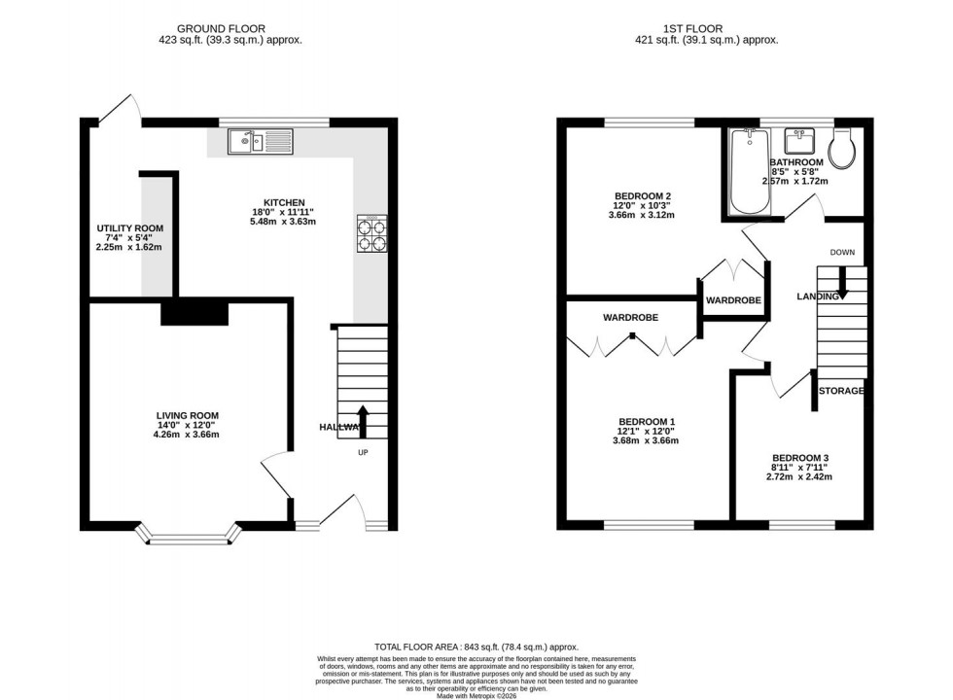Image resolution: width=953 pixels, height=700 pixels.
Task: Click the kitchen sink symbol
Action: click(261, 143)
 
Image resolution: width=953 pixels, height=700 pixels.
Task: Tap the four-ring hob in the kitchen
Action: click(371, 233)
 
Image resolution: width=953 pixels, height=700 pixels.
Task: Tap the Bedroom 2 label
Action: click(642, 196)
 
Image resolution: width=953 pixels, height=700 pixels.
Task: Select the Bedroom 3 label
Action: click(799, 458)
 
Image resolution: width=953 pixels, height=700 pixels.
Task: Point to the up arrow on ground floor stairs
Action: click(363, 422)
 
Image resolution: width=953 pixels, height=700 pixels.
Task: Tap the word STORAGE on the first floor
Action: click(841, 391)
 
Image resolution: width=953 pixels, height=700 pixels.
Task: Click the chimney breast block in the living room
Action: click(194, 313)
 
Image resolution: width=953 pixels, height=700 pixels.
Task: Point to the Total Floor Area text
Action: click(476, 647)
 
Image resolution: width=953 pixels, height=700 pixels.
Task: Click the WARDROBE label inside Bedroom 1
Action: click(630, 318)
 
